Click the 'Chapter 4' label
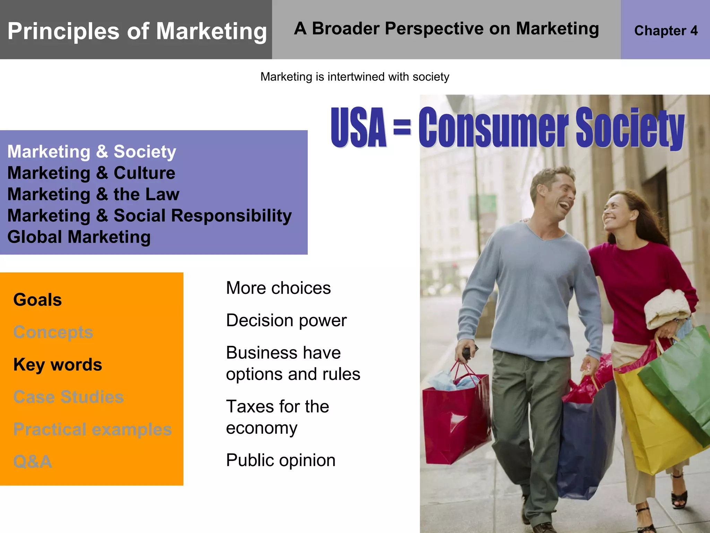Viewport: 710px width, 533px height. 666,31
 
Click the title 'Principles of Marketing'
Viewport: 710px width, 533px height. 137,31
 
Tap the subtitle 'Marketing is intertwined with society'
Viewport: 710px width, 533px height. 355,77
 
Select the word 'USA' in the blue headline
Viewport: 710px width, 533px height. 358,127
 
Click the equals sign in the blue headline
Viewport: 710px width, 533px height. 402,127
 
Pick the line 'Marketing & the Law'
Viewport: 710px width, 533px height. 93,194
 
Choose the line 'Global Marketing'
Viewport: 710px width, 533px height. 79,237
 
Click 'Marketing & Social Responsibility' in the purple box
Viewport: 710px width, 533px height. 149,215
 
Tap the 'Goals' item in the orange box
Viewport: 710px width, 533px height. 37,300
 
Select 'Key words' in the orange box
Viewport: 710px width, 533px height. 58,365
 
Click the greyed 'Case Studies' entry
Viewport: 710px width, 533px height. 68,397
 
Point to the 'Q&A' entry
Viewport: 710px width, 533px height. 33,462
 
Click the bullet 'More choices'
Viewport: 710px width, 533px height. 278,288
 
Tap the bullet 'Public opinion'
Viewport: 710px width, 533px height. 281,460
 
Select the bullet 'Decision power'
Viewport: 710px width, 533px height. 286,320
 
